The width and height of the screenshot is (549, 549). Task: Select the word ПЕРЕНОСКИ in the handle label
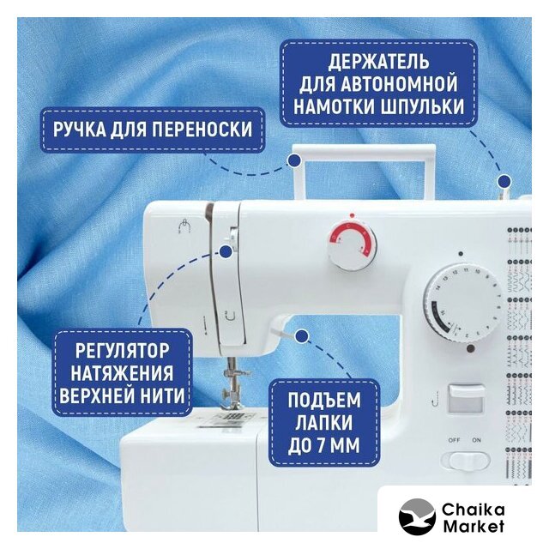(202, 130)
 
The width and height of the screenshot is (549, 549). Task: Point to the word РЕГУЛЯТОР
(122, 351)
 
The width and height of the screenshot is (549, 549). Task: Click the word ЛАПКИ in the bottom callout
(324, 423)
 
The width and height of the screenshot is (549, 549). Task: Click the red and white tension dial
(352, 244)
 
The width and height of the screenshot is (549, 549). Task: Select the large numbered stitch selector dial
(462, 303)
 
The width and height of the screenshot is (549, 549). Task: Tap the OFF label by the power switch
(454, 440)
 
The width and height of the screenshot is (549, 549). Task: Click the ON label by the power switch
(477, 440)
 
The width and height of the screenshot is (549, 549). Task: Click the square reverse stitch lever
(466, 399)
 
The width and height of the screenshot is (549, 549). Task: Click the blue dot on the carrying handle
(295, 160)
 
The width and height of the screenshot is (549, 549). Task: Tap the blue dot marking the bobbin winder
(504, 181)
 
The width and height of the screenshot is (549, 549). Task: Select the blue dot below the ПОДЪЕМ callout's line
(301, 336)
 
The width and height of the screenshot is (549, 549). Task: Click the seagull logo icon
(417, 516)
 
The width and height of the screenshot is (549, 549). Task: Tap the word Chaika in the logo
(473, 510)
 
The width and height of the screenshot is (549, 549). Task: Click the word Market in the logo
(474, 526)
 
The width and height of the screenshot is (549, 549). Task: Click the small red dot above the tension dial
(352, 215)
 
